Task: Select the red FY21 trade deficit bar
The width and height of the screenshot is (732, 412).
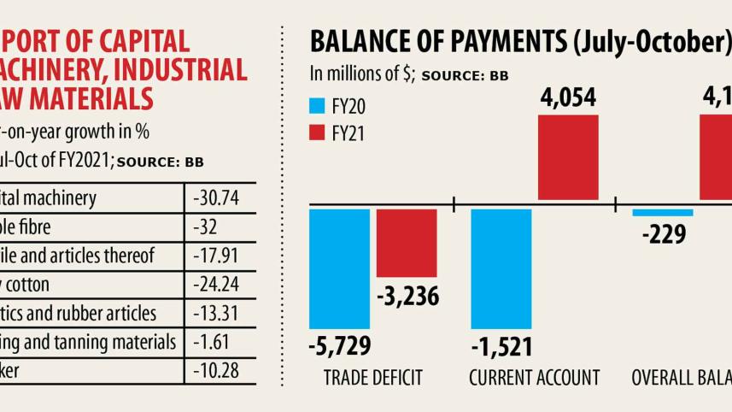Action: pyautogui.click(x=407, y=242)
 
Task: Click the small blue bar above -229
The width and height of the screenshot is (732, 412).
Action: pyautogui.click(x=663, y=212)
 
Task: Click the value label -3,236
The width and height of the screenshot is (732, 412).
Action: pyautogui.click(x=407, y=296)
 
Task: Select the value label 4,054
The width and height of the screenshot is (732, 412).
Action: pyautogui.click(x=569, y=100)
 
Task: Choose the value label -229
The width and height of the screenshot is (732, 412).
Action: pyautogui.click(x=663, y=233)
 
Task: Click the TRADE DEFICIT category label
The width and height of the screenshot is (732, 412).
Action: pyautogui.click(x=373, y=378)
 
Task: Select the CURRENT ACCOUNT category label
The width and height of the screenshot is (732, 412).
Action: pyautogui.click(x=535, y=378)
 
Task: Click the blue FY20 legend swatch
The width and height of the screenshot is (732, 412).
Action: pyautogui.click(x=317, y=108)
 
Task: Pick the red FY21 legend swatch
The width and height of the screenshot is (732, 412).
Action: pyautogui.click(x=317, y=133)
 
